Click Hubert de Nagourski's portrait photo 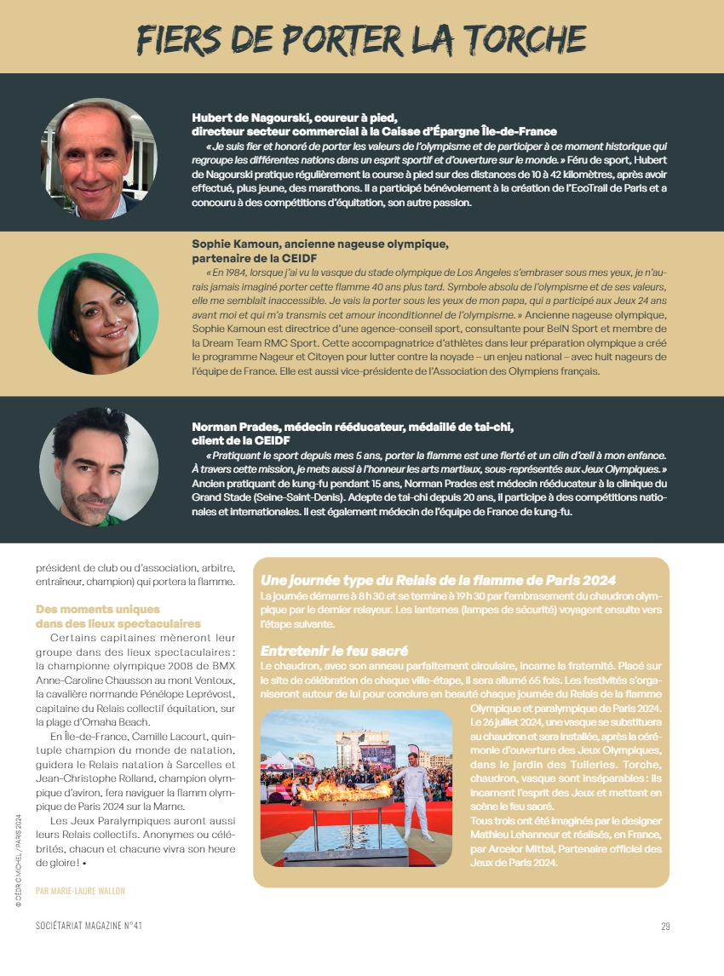[99, 159]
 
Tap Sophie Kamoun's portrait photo [98, 313]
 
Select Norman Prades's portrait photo [98, 468]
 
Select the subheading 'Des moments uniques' [98, 610]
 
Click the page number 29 [665, 927]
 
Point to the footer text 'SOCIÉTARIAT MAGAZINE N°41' [89, 927]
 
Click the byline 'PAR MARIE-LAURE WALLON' [80, 891]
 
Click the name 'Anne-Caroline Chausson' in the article [93, 680]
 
